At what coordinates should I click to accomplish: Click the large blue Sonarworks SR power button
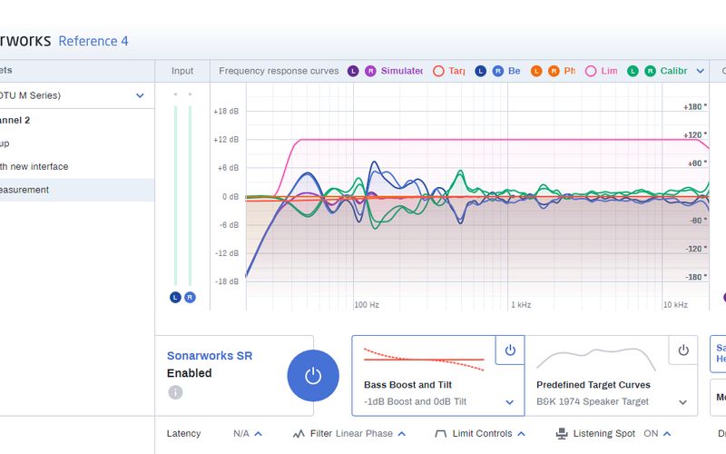click(x=313, y=376)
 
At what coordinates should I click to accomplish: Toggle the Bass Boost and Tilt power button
click(x=510, y=350)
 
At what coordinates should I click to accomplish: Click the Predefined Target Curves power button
click(x=683, y=350)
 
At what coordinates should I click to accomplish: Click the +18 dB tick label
click(x=226, y=112)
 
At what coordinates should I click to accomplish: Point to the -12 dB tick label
click(x=226, y=253)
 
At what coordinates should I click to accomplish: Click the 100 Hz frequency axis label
click(x=366, y=305)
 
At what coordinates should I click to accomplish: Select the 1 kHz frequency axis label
click(x=521, y=305)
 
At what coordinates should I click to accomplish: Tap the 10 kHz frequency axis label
click(x=674, y=305)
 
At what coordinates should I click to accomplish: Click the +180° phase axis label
click(x=694, y=107)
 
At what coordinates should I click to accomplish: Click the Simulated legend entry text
click(x=401, y=71)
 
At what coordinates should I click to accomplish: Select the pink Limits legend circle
click(x=591, y=71)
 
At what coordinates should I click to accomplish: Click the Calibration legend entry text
click(x=673, y=71)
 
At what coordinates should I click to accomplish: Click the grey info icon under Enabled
click(x=175, y=392)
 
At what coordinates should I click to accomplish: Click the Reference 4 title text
click(x=93, y=41)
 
